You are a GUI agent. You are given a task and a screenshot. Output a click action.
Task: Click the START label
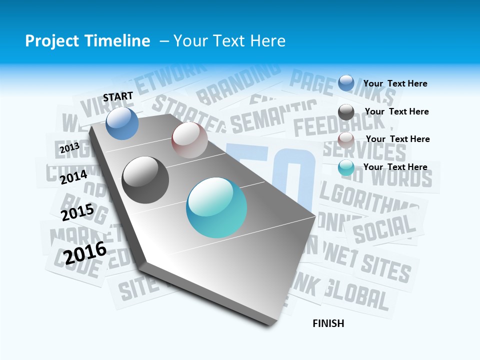click(118, 96)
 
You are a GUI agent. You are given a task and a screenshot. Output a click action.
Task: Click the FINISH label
click(328, 323)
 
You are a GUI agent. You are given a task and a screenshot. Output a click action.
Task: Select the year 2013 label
click(69, 148)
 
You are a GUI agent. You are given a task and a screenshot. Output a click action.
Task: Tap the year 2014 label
click(74, 177)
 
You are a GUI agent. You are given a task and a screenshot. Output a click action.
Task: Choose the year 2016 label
click(85, 253)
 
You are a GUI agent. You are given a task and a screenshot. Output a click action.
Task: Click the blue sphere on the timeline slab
click(122, 123)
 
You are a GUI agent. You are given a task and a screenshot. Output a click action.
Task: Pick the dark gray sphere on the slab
click(145, 180)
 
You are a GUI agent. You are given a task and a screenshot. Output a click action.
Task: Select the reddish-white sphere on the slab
click(189, 140)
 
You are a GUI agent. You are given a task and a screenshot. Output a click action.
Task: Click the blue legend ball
click(346, 83)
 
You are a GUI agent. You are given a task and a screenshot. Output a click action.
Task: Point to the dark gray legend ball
click(346, 112)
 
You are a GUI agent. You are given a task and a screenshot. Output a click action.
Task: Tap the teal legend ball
click(346, 167)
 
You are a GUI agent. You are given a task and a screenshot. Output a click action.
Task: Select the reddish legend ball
click(346, 139)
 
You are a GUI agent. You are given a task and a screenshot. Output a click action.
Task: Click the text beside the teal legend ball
click(395, 167)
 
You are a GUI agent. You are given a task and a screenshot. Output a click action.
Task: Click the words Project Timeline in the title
click(87, 41)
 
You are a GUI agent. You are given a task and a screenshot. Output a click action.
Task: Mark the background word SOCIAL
click(384, 228)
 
